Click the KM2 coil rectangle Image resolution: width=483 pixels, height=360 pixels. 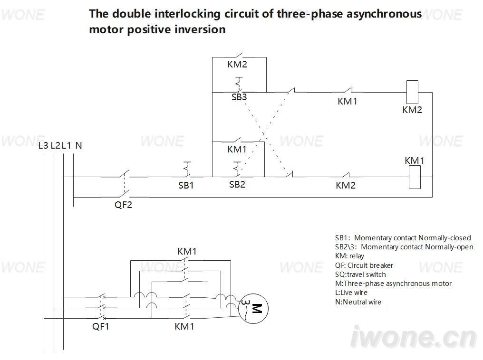pyautogui.click(x=413, y=92)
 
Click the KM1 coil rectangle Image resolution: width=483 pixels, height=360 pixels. pyautogui.click(x=415, y=177)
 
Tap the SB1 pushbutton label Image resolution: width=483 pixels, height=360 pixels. pyautogui.click(x=186, y=185)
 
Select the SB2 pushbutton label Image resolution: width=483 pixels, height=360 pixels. pyautogui.click(x=237, y=184)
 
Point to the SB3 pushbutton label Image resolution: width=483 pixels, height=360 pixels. pyautogui.click(x=239, y=97)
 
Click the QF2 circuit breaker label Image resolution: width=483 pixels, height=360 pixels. pyautogui.click(x=123, y=205)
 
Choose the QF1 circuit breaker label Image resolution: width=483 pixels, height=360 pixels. pyautogui.click(x=101, y=326)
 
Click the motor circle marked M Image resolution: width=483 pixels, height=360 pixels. pyautogui.click(x=253, y=309)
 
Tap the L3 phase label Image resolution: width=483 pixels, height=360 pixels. pyautogui.click(x=43, y=145)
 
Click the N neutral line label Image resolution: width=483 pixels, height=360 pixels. pyautogui.click(x=78, y=145)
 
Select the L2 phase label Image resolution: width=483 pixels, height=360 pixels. pyautogui.click(x=56, y=145)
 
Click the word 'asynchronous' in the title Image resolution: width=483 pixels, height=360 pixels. pyautogui.click(x=384, y=14)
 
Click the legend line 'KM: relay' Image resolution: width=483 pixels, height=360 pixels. pyautogui.click(x=349, y=256)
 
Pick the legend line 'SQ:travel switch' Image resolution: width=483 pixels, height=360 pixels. pyautogui.click(x=360, y=275)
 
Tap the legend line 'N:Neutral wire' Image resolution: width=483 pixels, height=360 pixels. pyautogui.click(x=358, y=302)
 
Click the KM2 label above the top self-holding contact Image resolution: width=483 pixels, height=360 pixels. pyautogui.click(x=237, y=64)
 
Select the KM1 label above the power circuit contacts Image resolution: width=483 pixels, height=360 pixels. pyautogui.click(x=187, y=251)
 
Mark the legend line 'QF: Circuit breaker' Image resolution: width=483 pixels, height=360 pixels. pyautogui.click(x=364, y=265)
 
